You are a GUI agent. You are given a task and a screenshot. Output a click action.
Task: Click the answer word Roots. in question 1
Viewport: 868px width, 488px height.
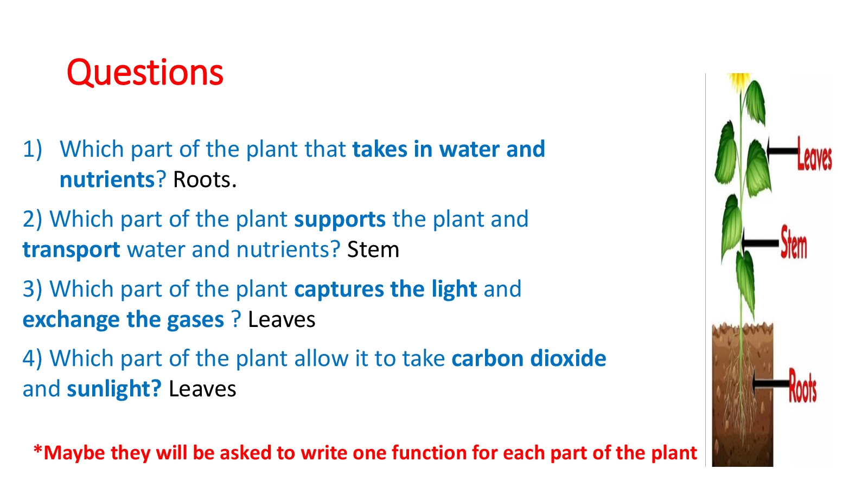(205, 179)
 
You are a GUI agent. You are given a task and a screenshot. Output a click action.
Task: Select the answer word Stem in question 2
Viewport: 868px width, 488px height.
(373, 249)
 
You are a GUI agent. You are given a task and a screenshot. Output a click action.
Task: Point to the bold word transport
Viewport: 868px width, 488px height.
(71, 250)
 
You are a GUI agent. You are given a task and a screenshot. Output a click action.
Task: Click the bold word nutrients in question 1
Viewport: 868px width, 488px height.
(107, 180)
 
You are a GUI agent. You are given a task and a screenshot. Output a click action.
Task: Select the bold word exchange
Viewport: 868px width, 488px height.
(71, 319)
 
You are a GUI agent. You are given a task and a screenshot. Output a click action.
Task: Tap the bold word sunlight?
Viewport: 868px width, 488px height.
(114, 389)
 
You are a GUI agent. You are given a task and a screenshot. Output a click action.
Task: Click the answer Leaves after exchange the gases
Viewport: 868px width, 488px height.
(282, 319)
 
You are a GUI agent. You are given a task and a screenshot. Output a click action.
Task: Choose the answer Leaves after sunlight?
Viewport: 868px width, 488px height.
(202, 389)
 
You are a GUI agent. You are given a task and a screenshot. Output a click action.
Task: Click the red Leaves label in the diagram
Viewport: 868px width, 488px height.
(814, 154)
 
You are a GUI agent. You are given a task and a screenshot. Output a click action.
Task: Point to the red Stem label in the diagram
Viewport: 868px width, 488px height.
(794, 242)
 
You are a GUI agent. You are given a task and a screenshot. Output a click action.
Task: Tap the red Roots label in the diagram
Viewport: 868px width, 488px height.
(802, 386)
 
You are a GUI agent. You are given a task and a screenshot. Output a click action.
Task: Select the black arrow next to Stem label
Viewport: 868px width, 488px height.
(760, 243)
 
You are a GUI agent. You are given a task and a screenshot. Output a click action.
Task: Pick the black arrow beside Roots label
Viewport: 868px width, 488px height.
(770, 383)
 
